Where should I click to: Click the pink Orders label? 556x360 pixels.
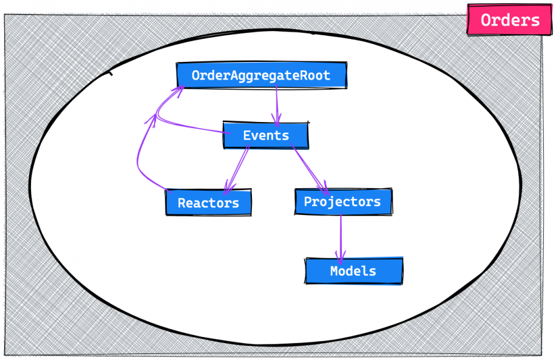[509, 20]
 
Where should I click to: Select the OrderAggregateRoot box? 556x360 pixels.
[261, 75]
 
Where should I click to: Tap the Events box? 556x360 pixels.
[265, 135]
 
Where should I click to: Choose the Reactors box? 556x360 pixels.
[208, 202]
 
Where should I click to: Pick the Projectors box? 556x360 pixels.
[343, 201]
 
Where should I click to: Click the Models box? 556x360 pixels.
[353, 271]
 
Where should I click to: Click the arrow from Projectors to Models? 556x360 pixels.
[341, 234]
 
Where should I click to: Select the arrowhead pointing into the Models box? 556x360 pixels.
[341, 257]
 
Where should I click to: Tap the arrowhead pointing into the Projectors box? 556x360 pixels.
[324, 185]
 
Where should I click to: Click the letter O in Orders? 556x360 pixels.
[486, 20]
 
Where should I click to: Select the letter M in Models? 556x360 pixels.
[334, 271]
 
